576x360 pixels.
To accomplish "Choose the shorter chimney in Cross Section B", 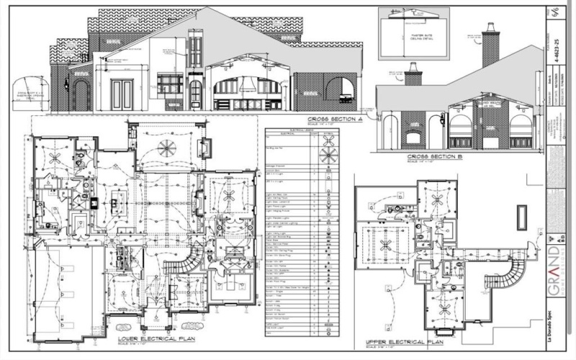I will click(413, 74).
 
